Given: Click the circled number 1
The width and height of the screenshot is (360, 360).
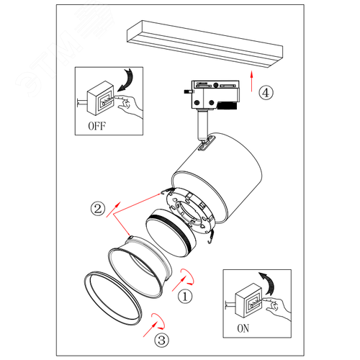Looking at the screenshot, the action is click(185, 297).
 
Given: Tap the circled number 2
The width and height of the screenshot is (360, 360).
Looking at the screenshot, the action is click(98, 209).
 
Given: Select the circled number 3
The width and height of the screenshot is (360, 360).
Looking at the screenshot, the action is click(161, 340).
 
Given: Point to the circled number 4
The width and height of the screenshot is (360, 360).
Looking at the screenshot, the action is click(266, 93).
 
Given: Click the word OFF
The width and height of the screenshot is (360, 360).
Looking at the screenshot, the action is click(97, 126).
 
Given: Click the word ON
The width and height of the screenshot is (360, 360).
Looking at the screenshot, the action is click(243, 328).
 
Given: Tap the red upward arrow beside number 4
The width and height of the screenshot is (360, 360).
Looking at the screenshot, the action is click(251, 81).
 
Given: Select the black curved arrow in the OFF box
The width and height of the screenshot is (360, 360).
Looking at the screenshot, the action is click(126, 80).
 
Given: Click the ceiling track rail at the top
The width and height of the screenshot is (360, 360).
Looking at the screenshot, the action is click(204, 44).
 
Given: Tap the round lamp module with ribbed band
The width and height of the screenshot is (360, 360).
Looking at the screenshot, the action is click(171, 233).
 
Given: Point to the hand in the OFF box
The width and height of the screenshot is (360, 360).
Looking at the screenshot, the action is click(128, 106).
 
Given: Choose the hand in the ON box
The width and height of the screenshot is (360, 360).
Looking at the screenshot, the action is click(276, 308).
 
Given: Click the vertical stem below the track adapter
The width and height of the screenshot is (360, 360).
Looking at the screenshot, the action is click(202, 125).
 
